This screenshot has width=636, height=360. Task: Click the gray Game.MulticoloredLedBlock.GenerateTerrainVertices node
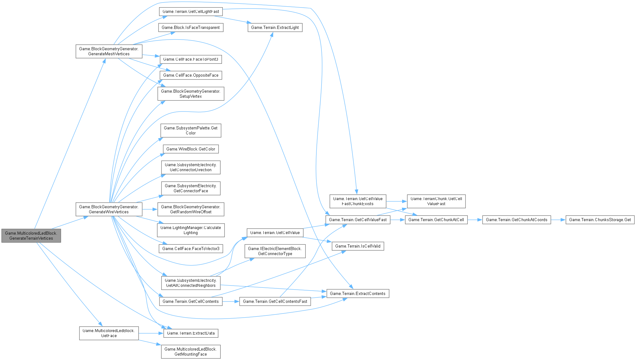tap(31, 236)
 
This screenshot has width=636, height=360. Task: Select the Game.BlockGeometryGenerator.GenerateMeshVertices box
tap(109, 51)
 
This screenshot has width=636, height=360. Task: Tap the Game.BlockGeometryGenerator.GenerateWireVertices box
tap(109, 209)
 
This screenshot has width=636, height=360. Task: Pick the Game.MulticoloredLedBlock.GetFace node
tap(109, 333)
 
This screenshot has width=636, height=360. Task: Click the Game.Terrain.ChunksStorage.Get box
tap(600, 220)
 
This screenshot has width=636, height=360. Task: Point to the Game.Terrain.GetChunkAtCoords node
tap(516, 220)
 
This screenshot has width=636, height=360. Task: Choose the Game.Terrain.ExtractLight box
tap(275, 27)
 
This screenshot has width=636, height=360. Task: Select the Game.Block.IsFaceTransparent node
tap(191, 27)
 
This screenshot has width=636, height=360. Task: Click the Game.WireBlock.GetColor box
tap(191, 149)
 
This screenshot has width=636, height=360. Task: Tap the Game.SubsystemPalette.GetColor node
tap(191, 130)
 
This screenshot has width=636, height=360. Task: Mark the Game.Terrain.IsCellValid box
tap(358, 246)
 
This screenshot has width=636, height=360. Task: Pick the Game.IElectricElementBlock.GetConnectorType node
tap(275, 251)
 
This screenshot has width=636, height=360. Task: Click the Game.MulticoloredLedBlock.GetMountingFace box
tap(191, 352)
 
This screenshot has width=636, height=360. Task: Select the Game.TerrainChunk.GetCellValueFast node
tap(436, 201)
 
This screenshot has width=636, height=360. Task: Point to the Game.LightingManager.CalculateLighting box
tap(191, 230)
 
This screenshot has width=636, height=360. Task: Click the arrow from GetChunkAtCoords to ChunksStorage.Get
tap(558, 220)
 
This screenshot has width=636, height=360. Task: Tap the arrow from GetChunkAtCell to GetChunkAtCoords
tap(475, 220)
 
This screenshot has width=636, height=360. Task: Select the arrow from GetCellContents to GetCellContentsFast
tap(231, 302)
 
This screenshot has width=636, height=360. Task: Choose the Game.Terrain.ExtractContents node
tap(358, 293)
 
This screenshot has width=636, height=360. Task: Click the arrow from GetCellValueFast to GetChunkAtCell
tap(397, 220)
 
